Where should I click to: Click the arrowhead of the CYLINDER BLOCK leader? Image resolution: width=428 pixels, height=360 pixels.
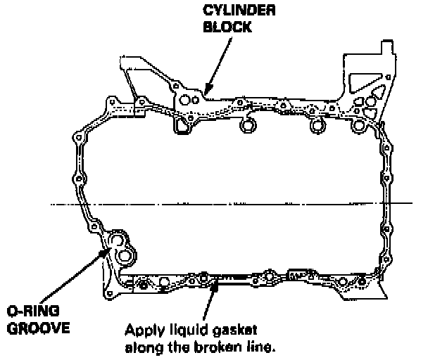pyautogui.click(x=205, y=92)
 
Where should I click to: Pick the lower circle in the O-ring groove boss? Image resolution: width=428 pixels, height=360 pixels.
pyautogui.click(x=125, y=255)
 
